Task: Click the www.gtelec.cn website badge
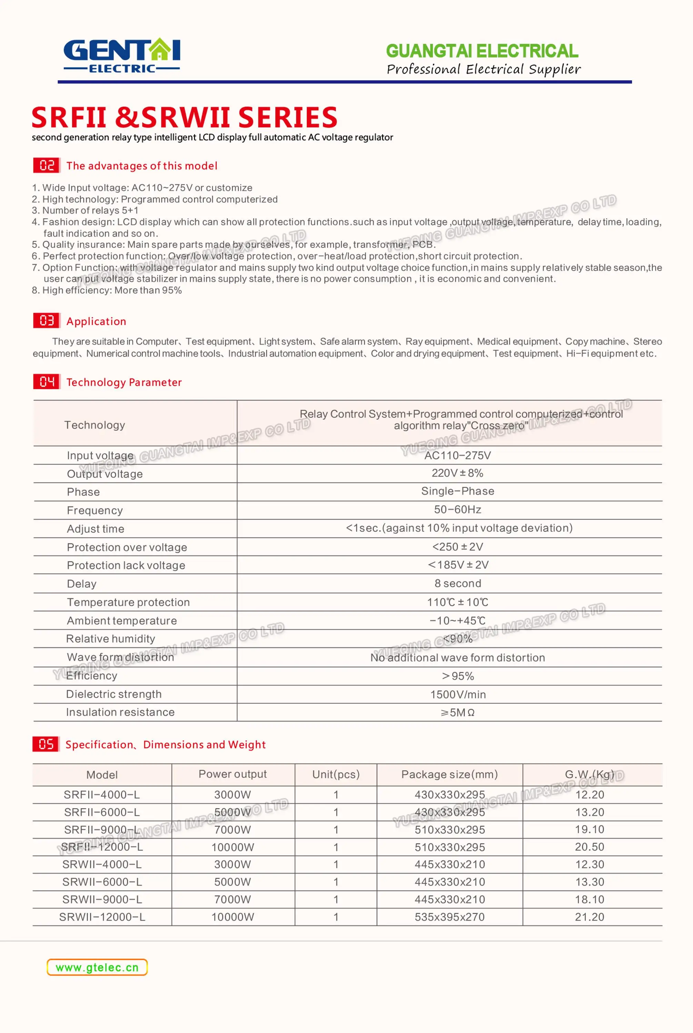tap(97, 967)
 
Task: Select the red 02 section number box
tap(47, 166)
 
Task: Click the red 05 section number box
tap(45, 744)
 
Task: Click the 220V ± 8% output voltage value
tap(457, 473)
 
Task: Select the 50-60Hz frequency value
tap(457, 510)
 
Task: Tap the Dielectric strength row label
tap(114, 694)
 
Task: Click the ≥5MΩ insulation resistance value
tap(457, 712)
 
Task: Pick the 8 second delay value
tap(457, 583)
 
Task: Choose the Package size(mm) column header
tap(449, 774)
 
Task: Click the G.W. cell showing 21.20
tap(589, 917)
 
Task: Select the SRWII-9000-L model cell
tap(102, 899)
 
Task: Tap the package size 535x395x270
tap(449, 917)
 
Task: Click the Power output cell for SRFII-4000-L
tap(233, 794)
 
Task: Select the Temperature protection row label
tap(128, 602)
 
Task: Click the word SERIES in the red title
tap(287, 117)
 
